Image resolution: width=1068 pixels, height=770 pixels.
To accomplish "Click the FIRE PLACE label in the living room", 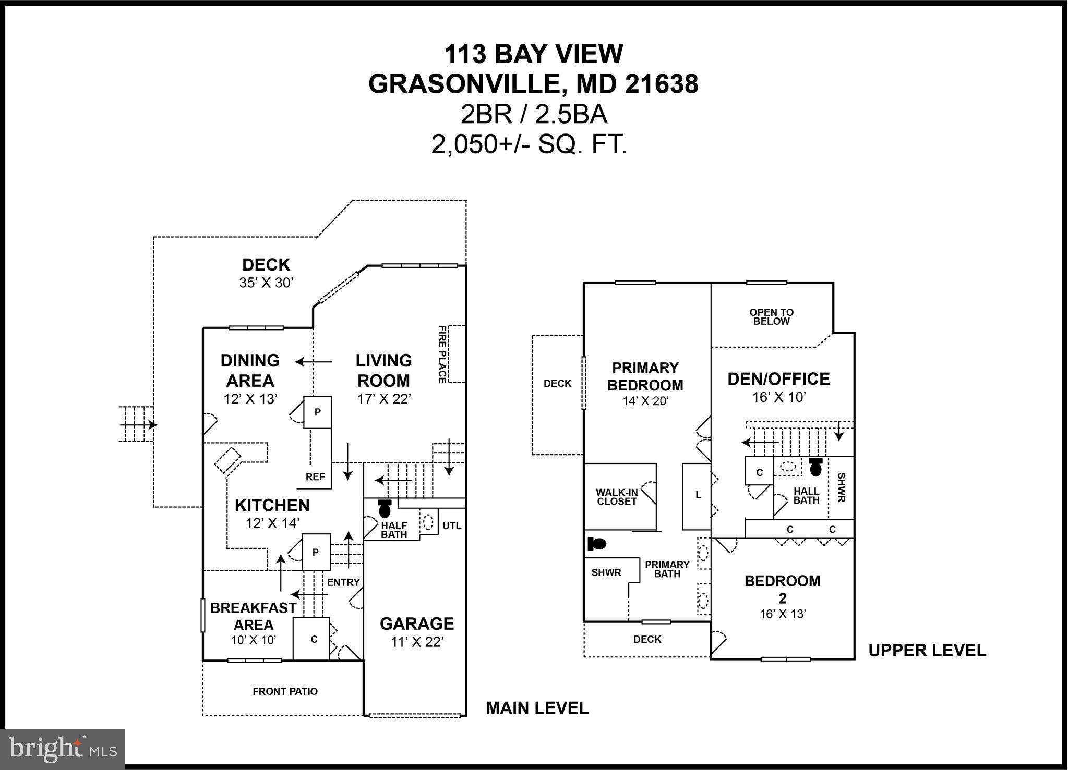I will coord(442,354).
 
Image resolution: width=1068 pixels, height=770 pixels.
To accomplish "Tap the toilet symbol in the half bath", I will coord(385,509).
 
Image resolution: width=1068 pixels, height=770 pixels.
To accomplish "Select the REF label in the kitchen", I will coord(315,476).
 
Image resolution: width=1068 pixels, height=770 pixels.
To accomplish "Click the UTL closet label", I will coord(452,525).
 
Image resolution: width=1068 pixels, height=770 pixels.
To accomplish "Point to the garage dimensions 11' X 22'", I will coord(417,642).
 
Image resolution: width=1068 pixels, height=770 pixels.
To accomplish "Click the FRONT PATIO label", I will coord(285,691).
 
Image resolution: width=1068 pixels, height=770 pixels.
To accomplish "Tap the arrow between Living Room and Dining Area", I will coord(314,362).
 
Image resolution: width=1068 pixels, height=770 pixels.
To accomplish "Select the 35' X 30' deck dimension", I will coord(266,283).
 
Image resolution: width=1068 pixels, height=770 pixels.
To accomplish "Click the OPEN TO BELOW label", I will coord(771,317).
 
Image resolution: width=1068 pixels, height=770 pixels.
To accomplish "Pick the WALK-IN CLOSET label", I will coord(617,497).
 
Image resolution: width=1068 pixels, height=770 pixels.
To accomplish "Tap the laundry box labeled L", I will coord(698,495).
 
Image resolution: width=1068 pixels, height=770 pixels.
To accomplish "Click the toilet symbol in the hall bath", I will coord(815,467).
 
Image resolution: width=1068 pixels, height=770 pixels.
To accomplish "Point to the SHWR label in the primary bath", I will coord(606,572).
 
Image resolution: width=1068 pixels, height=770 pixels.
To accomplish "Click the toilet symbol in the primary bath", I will coord(597,544).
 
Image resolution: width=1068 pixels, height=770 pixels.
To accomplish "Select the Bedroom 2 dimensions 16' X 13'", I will coord(783,614).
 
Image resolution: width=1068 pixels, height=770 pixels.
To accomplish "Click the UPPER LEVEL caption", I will coord(927,650).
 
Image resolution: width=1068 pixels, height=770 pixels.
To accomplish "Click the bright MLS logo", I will coord(63,749).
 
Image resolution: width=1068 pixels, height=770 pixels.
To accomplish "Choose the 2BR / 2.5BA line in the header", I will coord(533,115).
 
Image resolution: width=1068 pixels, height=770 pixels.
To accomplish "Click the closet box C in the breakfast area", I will coord(314,639).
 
